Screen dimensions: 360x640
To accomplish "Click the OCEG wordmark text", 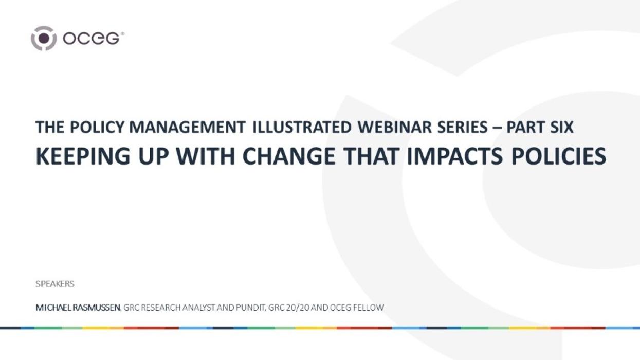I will coord(91,39).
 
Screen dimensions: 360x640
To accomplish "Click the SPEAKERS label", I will coord(55,284).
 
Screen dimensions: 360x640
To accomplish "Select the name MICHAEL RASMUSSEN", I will coord(78,308).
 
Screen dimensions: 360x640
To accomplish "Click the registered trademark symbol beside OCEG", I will coord(122,34).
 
